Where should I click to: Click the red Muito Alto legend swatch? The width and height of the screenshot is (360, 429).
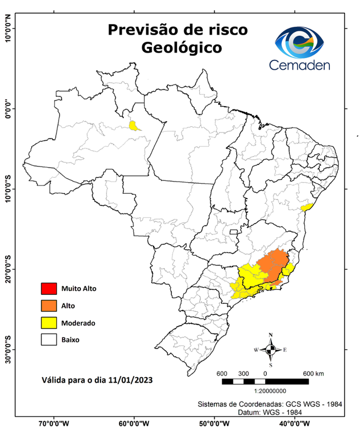tap(49, 289)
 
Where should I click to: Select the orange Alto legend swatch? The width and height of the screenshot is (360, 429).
tap(49, 306)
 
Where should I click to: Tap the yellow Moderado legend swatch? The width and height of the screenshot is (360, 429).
tap(49, 323)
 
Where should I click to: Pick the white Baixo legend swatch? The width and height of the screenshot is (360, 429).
tap(49, 340)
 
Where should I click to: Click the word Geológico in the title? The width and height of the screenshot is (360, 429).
tap(181, 47)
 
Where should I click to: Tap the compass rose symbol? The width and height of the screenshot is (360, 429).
tap(270, 350)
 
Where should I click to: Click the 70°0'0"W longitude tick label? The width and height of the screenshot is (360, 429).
tap(54, 423)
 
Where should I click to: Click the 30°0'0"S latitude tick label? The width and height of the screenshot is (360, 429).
tap(7, 350)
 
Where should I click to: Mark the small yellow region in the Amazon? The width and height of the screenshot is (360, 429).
tap(134, 126)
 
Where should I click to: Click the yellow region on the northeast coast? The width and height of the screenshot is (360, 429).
tap(306, 207)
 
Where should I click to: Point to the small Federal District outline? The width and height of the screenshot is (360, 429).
tap(233, 231)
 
